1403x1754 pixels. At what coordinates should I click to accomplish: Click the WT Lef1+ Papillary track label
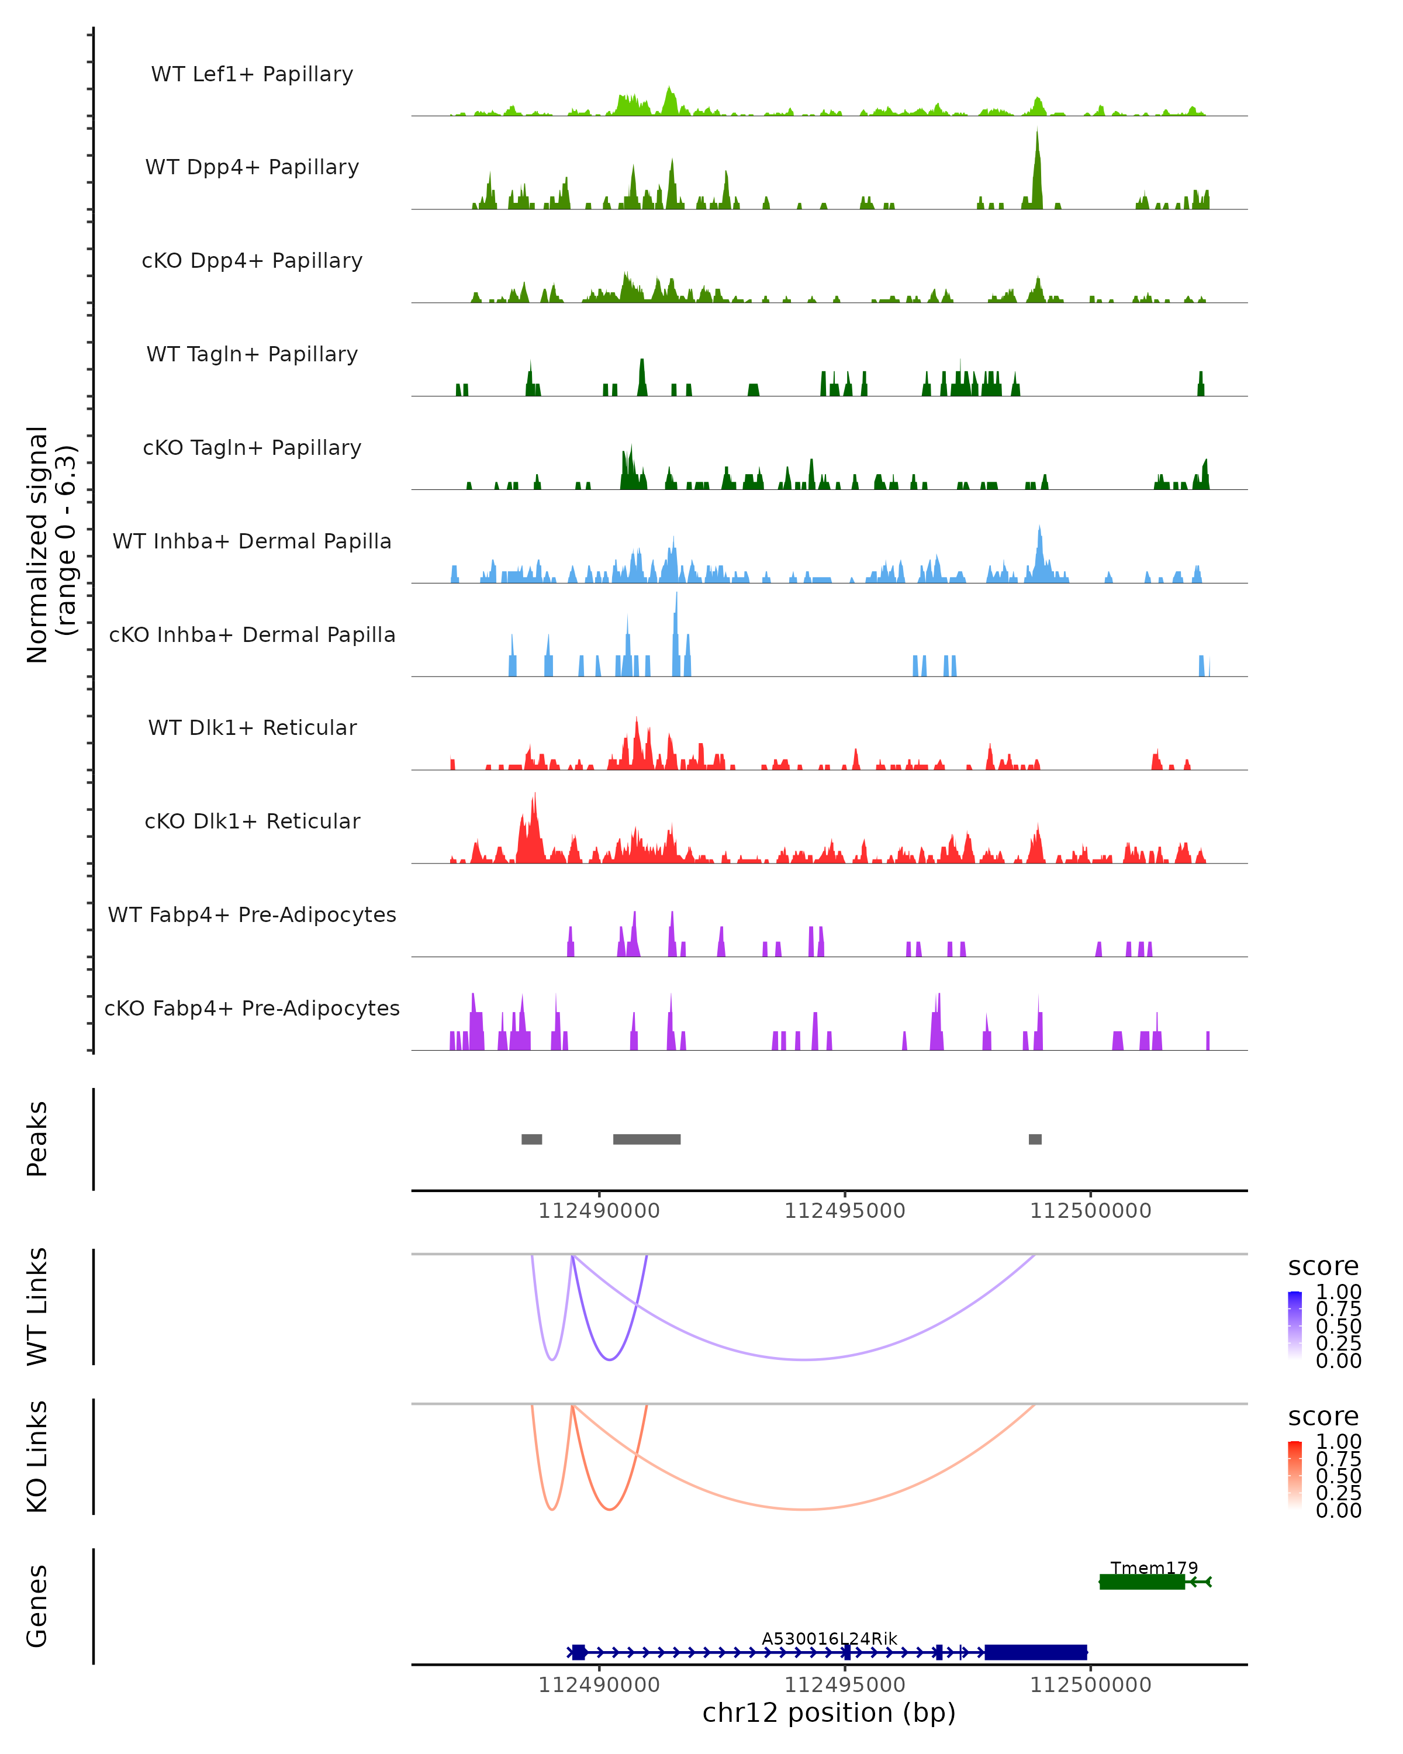tap(252, 74)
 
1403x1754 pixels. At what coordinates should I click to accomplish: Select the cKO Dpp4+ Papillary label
tap(252, 260)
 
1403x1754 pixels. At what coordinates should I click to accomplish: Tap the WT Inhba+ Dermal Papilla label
tap(252, 541)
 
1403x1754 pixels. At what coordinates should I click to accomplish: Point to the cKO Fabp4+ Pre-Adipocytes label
tap(252, 1008)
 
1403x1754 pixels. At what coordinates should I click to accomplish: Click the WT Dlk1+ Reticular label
tap(252, 727)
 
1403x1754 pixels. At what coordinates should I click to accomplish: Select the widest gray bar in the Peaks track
tap(647, 1139)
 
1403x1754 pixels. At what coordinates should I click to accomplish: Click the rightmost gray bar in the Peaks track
tap(1035, 1139)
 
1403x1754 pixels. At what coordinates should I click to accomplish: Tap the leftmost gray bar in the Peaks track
tap(531, 1139)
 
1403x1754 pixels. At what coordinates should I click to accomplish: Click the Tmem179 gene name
tap(1154, 1567)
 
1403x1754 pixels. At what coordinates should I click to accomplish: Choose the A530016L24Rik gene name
tap(829, 1638)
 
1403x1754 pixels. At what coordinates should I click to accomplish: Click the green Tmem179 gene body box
tap(1142, 1582)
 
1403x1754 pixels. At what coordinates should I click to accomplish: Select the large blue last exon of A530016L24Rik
tap(1035, 1652)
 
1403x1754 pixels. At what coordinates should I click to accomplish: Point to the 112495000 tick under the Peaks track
tap(844, 1211)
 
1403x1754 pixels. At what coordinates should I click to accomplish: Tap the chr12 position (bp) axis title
tap(829, 1712)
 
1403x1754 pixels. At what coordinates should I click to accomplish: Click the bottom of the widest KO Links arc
tap(804, 1509)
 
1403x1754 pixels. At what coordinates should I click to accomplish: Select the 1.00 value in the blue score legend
tap(1339, 1292)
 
